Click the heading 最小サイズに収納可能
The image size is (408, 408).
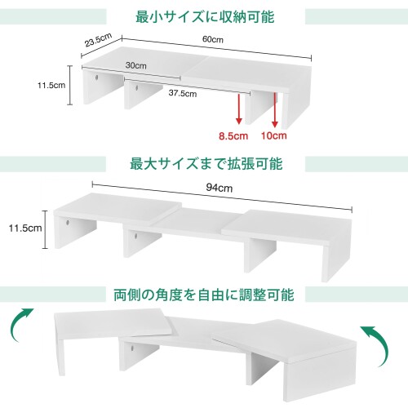(x=205, y=17)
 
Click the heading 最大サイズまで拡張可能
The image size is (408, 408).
(x=206, y=164)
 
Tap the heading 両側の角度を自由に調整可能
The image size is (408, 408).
(x=204, y=295)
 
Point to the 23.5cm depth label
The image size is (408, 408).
(x=98, y=40)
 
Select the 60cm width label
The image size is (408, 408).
(x=213, y=39)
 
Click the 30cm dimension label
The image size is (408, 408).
(x=136, y=65)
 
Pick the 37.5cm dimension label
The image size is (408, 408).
(x=183, y=93)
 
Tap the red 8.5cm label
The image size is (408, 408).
(x=233, y=135)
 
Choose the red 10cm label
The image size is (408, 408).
(x=274, y=135)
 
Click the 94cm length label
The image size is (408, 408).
(x=220, y=188)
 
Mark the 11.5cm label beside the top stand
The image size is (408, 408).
(x=51, y=85)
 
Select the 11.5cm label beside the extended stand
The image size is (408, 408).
(x=25, y=228)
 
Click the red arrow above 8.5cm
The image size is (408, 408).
(x=239, y=109)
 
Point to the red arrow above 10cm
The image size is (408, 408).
(x=275, y=109)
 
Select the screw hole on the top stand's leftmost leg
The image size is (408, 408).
(x=97, y=78)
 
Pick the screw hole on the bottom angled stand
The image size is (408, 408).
(x=132, y=348)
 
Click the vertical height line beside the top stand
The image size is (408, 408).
(x=70, y=85)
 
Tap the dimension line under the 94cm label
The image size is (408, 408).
(x=222, y=197)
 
